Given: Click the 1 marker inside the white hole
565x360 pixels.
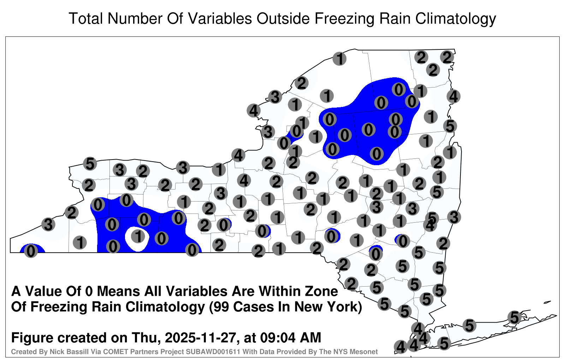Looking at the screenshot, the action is (x=138, y=236).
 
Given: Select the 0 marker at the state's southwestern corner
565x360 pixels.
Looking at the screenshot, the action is (x=31, y=251).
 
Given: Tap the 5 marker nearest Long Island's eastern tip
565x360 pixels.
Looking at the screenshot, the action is (x=514, y=317).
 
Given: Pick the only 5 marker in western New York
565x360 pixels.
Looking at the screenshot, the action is (x=90, y=164).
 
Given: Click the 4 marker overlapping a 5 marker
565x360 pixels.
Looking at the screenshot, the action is (x=430, y=225).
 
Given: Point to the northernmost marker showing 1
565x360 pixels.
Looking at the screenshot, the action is (x=339, y=59).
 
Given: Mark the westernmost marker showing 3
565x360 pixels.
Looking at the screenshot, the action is (x=48, y=224).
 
